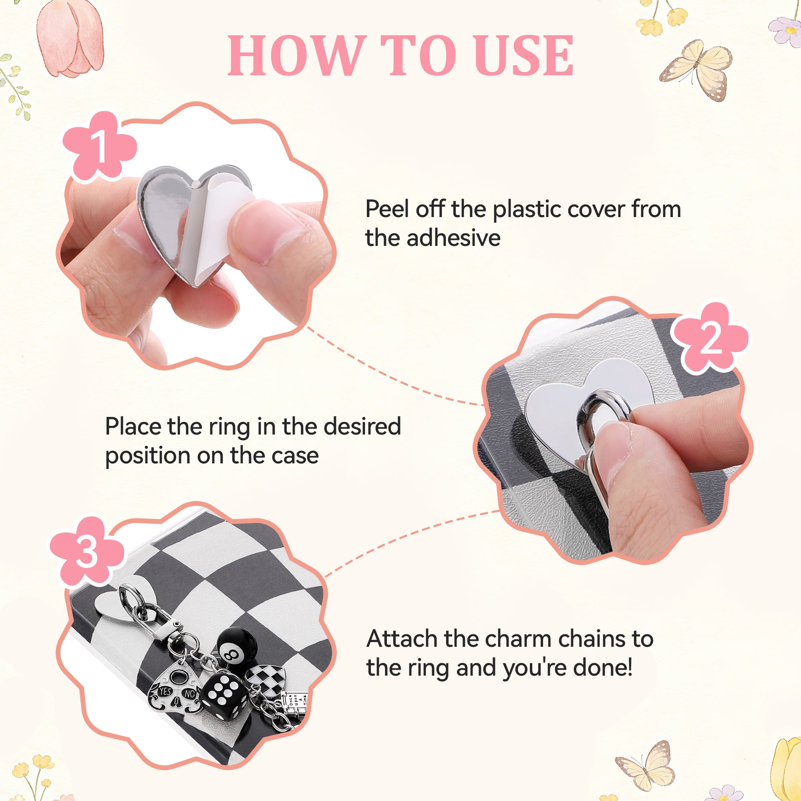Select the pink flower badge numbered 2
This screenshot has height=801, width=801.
click(710, 338)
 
